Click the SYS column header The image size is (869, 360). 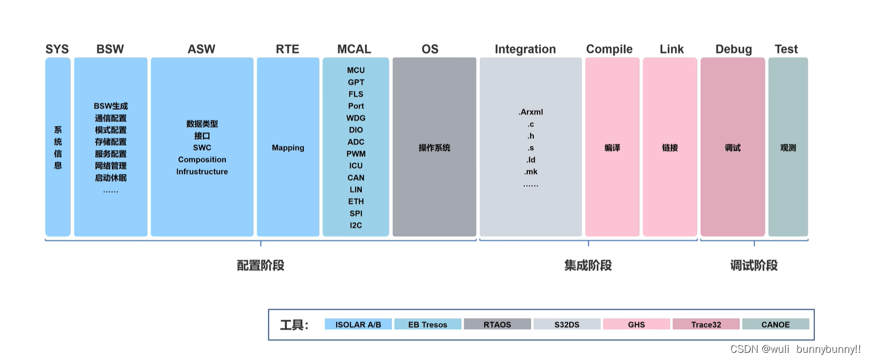click(57, 49)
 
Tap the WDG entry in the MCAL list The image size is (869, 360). click(356, 118)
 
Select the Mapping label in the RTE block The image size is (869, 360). click(288, 148)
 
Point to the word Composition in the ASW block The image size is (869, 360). click(202, 159)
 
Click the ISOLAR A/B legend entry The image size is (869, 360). click(358, 324)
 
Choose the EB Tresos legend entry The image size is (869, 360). click(428, 324)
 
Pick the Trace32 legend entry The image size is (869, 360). click(706, 324)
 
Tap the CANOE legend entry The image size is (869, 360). click(775, 324)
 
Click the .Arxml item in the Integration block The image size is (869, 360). click(530, 112)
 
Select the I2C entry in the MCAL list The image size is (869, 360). click(356, 225)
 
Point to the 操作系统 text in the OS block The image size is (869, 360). click(434, 148)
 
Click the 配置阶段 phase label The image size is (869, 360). click(261, 265)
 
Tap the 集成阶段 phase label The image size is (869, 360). click(588, 265)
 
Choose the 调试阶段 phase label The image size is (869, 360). click(754, 265)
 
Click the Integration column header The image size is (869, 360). click(525, 49)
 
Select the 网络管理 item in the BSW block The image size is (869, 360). click(111, 165)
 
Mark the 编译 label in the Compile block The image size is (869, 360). click(612, 148)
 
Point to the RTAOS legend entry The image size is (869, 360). click(497, 324)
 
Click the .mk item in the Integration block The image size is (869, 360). click(531, 172)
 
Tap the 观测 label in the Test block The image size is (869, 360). click(788, 148)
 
